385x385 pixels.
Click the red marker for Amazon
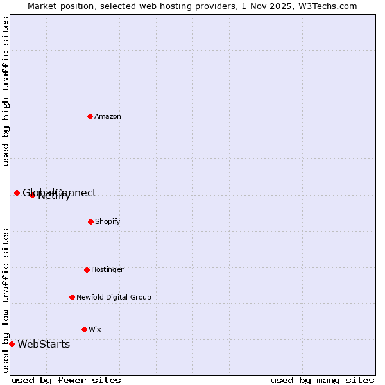[x=90, y=116]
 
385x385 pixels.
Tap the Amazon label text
[x=108, y=117]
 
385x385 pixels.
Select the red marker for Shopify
[x=90, y=221]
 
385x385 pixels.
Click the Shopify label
[x=107, y=222]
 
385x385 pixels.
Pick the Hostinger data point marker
[x=87, y=269]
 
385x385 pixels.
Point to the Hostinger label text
[x=107, y=270]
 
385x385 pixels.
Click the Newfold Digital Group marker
[x=72, y=297]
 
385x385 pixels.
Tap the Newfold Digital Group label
[x=114, y=298]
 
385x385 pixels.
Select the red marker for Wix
[x=84, y=329]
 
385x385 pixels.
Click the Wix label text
[x=95, y=330]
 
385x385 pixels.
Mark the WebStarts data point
[x=12, y=344]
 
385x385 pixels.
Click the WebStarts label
[x=44, y=345]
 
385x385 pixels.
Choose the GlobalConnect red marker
[x=17, y=193]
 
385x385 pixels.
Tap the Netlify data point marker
[x=32, y=195]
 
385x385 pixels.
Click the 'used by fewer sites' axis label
[x=66, y=380]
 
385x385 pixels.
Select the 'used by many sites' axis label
[x=322, y=380]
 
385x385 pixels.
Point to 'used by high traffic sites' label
[x=6, y=92]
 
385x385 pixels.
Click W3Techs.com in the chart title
[x=330, y=6]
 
